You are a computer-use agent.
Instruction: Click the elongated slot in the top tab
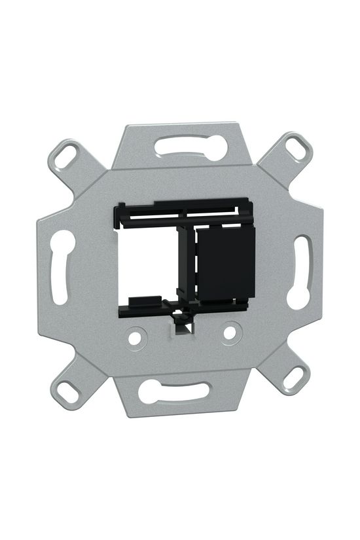point(190,147)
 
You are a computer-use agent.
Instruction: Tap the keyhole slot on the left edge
point(61,265)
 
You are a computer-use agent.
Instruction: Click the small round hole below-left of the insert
point(135,338)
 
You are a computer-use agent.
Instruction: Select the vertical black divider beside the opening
point(188,262)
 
